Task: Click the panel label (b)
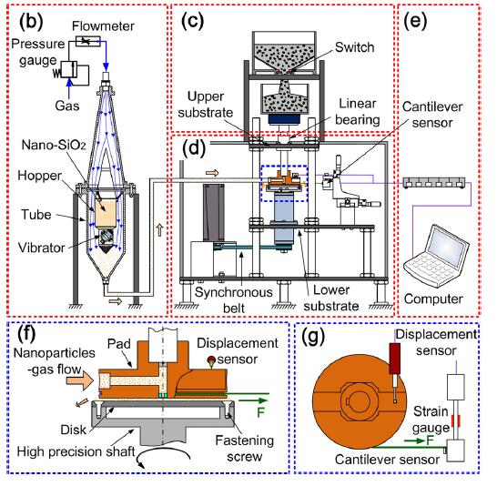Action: (31, 22)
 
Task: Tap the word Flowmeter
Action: (103, 26)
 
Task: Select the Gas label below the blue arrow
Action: (66, 106)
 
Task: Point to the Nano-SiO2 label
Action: (54, 145)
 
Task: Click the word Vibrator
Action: (42, 248)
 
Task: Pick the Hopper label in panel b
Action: (40, 176)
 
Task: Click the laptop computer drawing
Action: (436, 256)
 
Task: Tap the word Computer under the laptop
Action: (433, 299)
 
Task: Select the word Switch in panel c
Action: (355, 47)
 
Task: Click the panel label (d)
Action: (194, 148)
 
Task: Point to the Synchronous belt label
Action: (234, 299)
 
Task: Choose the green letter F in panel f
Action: (260, 412)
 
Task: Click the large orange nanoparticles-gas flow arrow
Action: (80, 380)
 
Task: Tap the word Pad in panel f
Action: (119, 344)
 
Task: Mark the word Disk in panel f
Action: (73, 430)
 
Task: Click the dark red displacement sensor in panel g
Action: (395, 359)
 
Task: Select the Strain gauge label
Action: (431, 420)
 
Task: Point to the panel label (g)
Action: (313, 337)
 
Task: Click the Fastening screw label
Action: (245, 449)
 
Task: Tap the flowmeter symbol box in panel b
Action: (87, 41)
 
